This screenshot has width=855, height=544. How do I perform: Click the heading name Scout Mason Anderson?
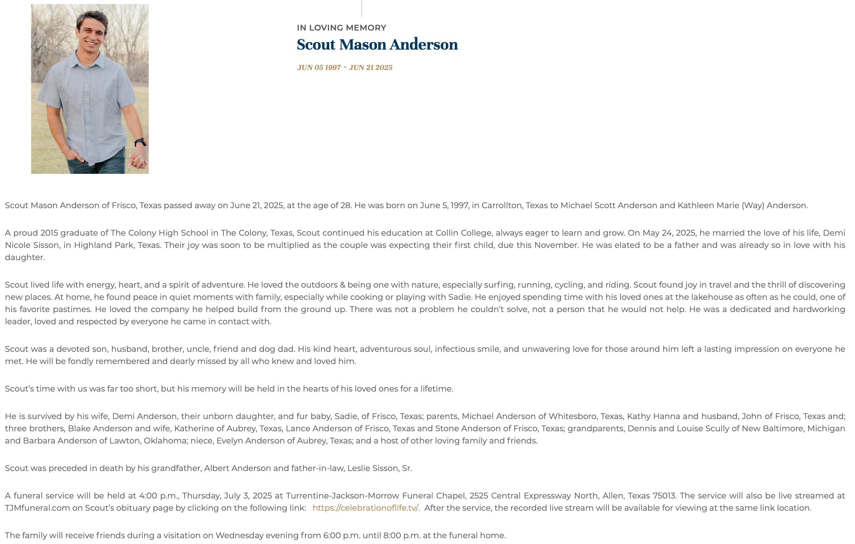[x=377, y=45]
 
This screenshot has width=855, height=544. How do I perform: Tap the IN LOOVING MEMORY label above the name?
[x=342, y=28]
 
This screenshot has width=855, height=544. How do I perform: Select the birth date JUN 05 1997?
[x=319, y=68]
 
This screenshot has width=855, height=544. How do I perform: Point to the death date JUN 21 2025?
[x=371, y=68]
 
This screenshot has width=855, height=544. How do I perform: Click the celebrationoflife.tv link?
[x=365, y=508]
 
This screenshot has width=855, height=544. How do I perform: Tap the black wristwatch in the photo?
[x=141, y=142]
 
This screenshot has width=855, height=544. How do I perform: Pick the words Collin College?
[x=463, y=233]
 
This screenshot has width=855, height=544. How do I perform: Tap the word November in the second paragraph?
[x=557, y=246]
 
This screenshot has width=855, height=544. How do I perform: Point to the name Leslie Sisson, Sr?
[x=379, y=468]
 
